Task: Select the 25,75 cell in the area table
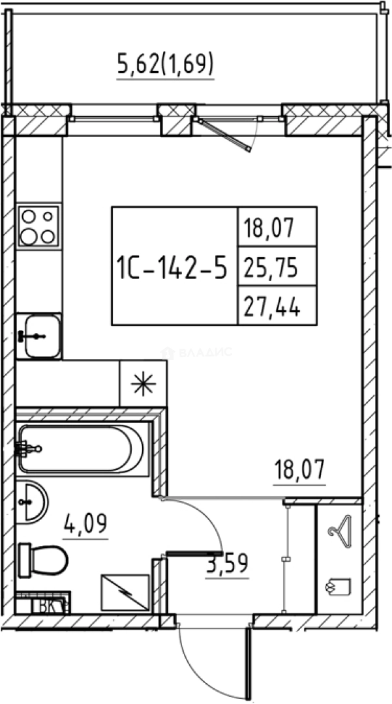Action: [277, 266]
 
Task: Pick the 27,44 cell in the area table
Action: [277, 305]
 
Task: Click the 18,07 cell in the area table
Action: [277, 227]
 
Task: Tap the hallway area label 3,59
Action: [227, 564]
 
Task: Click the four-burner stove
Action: [38, 226]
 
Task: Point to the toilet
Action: [44, 560]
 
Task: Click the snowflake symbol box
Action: [143, 384]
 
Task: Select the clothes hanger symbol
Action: [339, 532]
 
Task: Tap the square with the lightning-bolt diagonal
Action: [125, 593]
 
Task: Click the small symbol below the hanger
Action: [339, 587]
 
